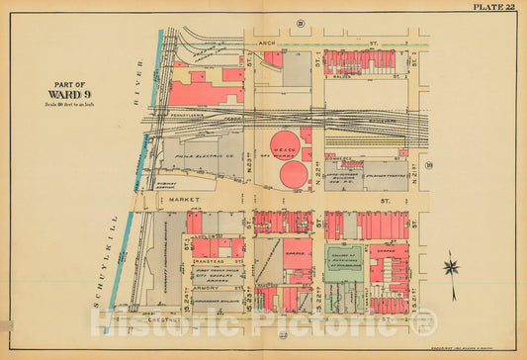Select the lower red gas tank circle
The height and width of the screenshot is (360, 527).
295,175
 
